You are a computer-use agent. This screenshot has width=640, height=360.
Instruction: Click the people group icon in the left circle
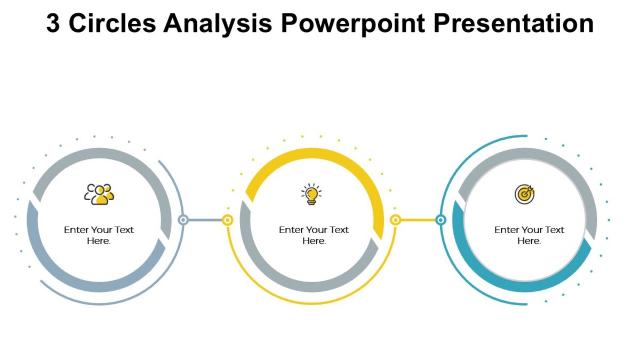[99, 194]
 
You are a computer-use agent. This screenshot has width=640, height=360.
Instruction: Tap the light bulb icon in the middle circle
[311, 194]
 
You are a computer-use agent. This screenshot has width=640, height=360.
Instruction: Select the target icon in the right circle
[524, 194]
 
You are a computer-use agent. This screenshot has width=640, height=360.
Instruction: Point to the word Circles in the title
[113, 23]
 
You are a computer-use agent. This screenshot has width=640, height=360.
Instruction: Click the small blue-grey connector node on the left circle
[183, 220]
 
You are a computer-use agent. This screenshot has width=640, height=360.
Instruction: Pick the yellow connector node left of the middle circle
[228, 220]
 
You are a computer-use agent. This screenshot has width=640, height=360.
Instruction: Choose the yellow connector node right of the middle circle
[395, 220]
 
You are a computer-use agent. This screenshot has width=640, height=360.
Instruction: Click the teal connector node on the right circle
[441, 220]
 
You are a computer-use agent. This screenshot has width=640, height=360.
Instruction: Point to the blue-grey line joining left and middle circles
[205, 220]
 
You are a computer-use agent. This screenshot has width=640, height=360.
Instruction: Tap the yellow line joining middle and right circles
[418, 220]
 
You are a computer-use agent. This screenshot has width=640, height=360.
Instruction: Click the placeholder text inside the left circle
[99, 235]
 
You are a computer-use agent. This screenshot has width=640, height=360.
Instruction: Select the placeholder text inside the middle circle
[314, 235]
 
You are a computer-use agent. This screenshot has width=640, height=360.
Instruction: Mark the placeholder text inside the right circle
[529, 235]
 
